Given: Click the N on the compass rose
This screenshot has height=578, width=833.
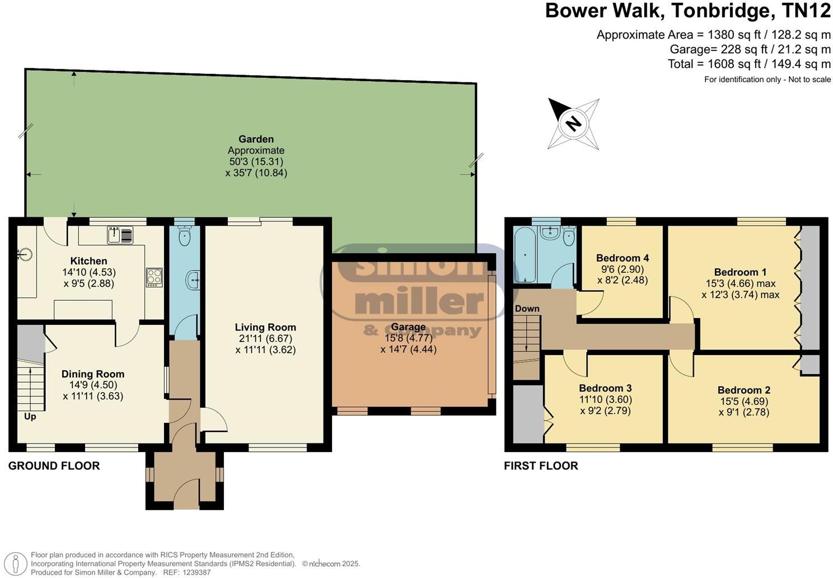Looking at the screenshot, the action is pyautogui.click(x=573, y=123).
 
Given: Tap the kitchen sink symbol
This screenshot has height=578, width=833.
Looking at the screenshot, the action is pyautogui.click(x=120, y=235).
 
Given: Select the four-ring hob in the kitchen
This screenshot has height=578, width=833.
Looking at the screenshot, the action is pyautogui.click(x=154, y=277).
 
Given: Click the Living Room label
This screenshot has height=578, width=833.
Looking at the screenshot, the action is pyautogui.click(x=265, y=327).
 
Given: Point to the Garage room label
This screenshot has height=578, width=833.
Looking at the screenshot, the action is pyautogui.click(x=408, y=327).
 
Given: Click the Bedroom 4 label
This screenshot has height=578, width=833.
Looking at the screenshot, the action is pyautogui.click(x=623, y=258).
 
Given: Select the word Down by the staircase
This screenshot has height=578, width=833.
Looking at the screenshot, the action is pyautogui.click(x=527, y=309).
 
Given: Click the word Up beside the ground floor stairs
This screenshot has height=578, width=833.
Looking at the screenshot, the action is pyautogui.click(x=30, y=417).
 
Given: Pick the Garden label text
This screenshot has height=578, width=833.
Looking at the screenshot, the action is pyautogui.click(x=256, y=139).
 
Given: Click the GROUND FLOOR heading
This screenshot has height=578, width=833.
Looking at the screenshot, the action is pyautogui.click(x=54, y=465).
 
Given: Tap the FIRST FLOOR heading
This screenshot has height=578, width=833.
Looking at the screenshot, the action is pyautogui.click(x=541, y=465).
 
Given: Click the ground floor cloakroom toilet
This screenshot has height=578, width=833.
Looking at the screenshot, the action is pyautogui.click(x=184, y=235).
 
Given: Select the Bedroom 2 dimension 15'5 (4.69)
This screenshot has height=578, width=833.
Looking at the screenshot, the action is pyautogui.click(x=744, y=402).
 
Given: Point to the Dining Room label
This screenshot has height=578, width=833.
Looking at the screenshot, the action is pyautogui.click(x=93, y=374).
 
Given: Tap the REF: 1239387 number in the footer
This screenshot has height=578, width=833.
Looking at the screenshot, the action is pyautogui.click(x=187, y=572).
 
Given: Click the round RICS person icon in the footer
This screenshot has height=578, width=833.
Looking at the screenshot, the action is pyautogui.click(x=15, y=564).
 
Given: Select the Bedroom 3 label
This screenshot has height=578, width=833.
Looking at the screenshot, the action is pyautogui.click(x=605, y=388).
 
